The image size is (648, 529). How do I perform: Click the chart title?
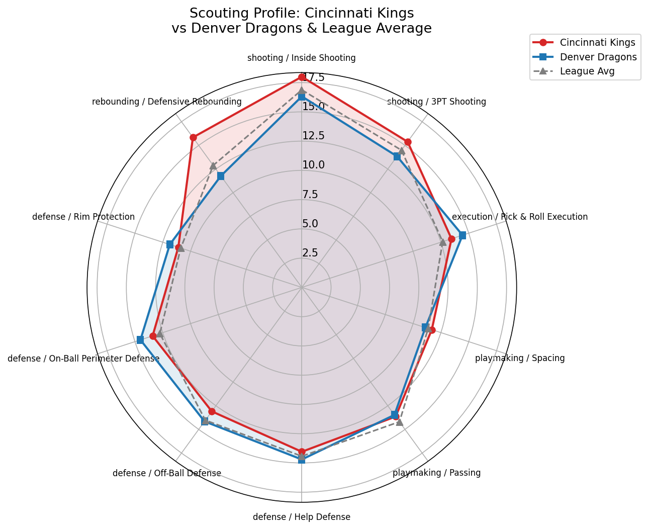(x=302, y=21)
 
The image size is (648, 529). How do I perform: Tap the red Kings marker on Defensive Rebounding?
(x=193, y=137)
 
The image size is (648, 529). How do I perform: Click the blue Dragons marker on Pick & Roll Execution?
(x=462, y=235)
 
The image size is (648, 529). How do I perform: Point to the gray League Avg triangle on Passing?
(x=400, y=422)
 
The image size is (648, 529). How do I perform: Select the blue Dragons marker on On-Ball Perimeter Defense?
(x=140, y=340)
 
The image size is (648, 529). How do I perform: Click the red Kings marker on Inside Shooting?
(x=302, y=77)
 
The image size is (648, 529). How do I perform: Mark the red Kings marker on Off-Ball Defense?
(x=212, y=411)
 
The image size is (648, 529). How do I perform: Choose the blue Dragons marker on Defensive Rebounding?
(x=221, y=176)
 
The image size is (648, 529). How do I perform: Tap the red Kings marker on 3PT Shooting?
(x=408, y=142)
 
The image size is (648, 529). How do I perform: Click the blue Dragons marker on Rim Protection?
(x=170, y=244)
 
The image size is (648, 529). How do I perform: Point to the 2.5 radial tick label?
(x=310, y=253)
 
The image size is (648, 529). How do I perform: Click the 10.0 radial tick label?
(x=313, y=165)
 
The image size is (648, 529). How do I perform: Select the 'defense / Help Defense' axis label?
(x=302, y=517)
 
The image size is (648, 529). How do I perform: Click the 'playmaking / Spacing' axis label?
(x=520, y=359)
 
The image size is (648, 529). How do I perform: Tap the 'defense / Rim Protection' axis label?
(x=83, y=217)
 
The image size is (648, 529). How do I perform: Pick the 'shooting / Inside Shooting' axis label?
(x=302, y=58)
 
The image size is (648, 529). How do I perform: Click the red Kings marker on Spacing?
(x=432, y=330)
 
